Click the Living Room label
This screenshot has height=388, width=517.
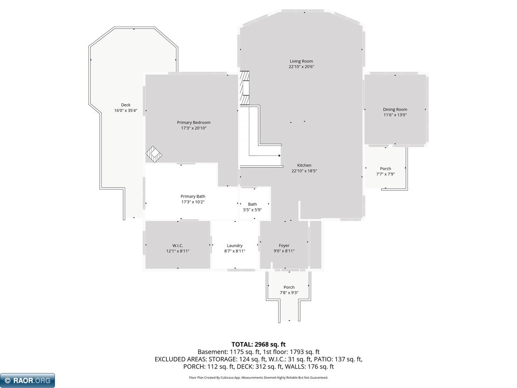point(301,61)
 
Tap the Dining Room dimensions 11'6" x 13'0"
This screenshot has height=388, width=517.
point(395,115)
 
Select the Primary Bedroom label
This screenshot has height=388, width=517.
point(193,122)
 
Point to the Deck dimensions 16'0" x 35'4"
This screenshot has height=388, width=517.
point(126,110)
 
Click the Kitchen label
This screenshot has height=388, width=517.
point(304,165)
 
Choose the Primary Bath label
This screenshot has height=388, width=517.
point(193,196)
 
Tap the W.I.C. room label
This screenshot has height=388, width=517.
point(178,245)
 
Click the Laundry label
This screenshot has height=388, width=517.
point(235,246)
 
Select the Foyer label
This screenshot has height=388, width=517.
point(284,245)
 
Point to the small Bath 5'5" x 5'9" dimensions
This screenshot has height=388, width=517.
point(252,210)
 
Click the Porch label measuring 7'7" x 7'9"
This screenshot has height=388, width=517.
point(385,169)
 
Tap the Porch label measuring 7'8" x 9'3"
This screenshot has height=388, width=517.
point(289,287)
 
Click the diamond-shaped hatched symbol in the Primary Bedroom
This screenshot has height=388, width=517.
point(154,154)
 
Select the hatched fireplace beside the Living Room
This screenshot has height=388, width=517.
point(244,88)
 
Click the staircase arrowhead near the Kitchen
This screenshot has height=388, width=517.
point(280,156)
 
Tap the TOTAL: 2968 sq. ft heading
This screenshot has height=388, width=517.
point(258,344)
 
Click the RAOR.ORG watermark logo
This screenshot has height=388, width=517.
point(27,380)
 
